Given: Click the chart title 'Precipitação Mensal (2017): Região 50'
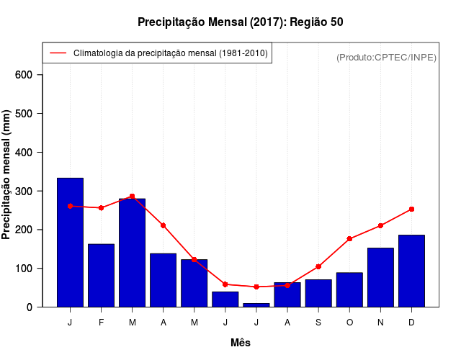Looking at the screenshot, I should [x=240, y=22].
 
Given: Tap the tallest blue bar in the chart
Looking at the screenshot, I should [x=70, y=242].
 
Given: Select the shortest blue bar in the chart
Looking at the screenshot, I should [x=256, y=305].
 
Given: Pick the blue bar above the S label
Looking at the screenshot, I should [x=318, y=293].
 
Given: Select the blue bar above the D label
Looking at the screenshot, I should [x=411, y=271].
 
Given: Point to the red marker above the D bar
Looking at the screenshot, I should [x=411, y=209].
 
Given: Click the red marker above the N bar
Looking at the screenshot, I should [x=380, y=225].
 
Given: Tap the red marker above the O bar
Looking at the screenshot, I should [x=349, y=238].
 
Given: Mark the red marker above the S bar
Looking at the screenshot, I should [x=318, y=266].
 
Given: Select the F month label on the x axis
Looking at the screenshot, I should [x=101, y=323].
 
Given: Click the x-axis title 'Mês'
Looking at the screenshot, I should [x=241, y=343].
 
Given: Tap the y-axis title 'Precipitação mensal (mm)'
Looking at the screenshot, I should [x=6, y=175].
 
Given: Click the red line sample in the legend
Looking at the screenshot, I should [x=58, y=53].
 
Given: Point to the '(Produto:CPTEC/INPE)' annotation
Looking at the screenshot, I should [x=386, y=57].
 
